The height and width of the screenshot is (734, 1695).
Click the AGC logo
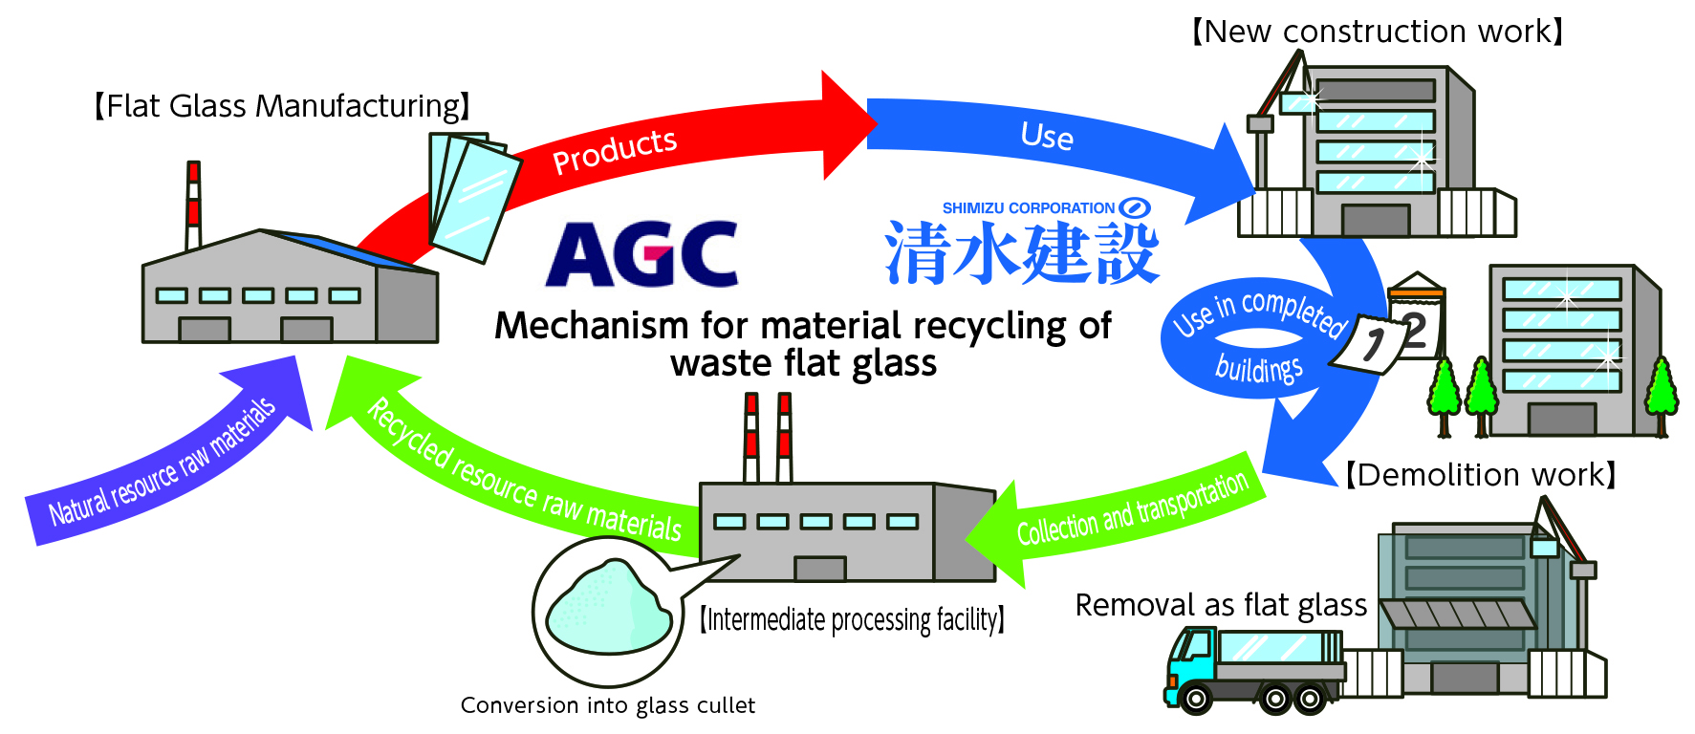click(x=641, y=254)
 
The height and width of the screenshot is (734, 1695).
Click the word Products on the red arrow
click(x=615, y=151)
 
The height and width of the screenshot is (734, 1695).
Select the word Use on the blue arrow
click(x=1047, y=136)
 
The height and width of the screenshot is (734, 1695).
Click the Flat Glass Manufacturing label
click(x=282, y=106)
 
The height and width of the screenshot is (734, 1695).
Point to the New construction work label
click(x=1377, y=32)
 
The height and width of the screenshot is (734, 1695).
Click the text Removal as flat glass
click(x=1221, y=605)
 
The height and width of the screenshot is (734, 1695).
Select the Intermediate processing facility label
click(x=851, y=620)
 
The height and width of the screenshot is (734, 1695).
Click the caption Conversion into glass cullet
click(x=607, y=705)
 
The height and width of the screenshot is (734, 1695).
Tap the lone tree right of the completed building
click(x=1661, y=392)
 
